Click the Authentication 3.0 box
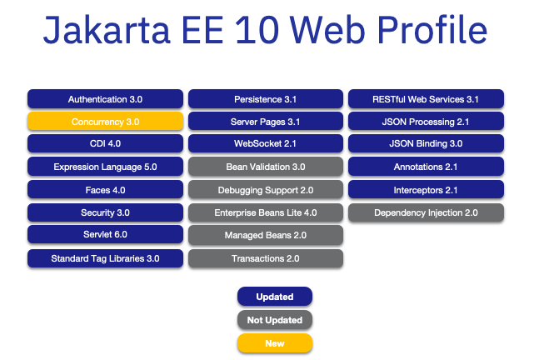pyautogui.click(x=105, y=99)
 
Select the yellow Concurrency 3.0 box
pyautogui.click(x=105, y=122)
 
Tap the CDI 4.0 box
pyautogui.click(x=105, y=144)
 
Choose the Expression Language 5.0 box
pyautogui.click(x=105, y=167)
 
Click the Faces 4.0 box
pyautogui.click(x=105, y=189)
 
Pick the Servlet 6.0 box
pyautogui.click(x=105, y=212)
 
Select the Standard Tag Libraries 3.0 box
pyautogui.click(x=105, y=258)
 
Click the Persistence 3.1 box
pyautogui.click(x=265, y=99)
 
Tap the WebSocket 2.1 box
pyautogui.click(x=265, y=144)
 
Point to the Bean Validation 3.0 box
pyautogui.click(x=265, y=167)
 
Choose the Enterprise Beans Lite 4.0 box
pyautogui.click(x=265, y=212)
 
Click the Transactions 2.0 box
pyautogui.click(x=265, y=258)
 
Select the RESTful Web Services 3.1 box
pyautogui.click(x=426, y=99)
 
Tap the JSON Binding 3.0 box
pyautogui.click(x=426, y=144)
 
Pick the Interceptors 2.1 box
pyautogui.click(x=426, y=189)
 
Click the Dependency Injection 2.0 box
pyautogui.click(x=426, y=212)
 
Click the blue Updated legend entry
pyautogui.click(x=274, y=297)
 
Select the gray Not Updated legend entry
pyautogui.click(x=274, y=320)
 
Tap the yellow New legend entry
pyautogui.click(x=274, y=342)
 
